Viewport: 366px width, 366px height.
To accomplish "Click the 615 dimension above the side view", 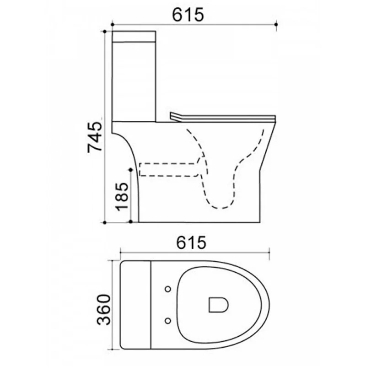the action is (x=188, y=15).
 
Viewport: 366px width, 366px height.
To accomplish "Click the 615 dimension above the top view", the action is (x=191, y=242).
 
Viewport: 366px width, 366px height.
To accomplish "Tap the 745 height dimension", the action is (x=95, y=137).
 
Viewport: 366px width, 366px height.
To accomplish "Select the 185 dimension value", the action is (x=122, y=197).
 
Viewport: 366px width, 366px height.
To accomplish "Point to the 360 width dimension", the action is (x=103, y=310).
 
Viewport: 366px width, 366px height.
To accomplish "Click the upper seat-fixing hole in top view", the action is (x=168, y=289).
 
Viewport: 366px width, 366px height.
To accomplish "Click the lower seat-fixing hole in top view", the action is (x=168, y=321).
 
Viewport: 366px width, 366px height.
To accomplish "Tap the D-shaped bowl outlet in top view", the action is (x=218, y=305).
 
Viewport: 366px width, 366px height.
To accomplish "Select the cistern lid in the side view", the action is (x=134, y=37).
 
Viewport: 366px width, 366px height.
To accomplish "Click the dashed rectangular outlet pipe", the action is (x=169, y=169).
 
